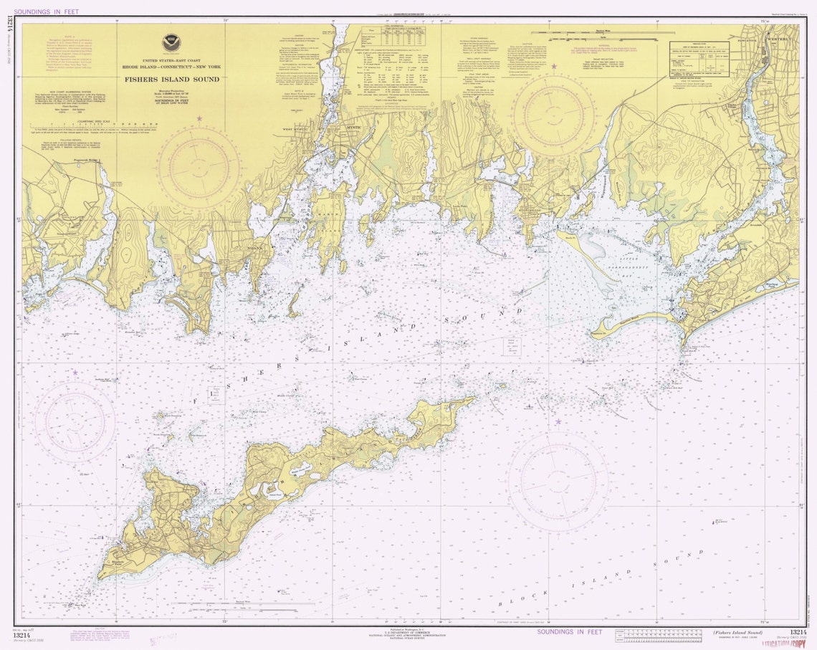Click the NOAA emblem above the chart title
click(x=171, y=42)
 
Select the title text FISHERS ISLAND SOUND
click(x=171, y=79)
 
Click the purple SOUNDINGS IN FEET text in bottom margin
click(x=570, y=631)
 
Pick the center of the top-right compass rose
click(x=553, y=115)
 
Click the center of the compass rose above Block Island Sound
click(x=558, y=478)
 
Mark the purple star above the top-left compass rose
click(x=199, y=118)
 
